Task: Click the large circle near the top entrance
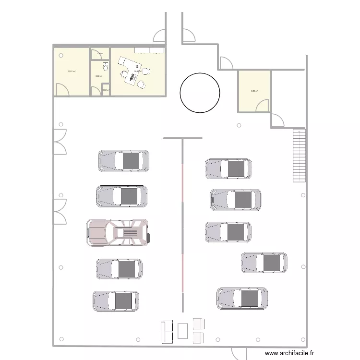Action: pyautogui.click(x=200, y=93)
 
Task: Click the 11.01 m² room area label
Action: pyautogui.click(x=72, y=72)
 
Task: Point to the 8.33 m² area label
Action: pyautogui.click(x=254, y=91)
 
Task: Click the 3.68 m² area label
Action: pyautogui.click(x=98, y=76)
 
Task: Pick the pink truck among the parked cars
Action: pyautogui.click(x=118, y=233)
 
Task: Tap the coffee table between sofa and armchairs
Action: pyautogui.click(x=182, y=331)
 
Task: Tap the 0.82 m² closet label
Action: pyautogui.click(x=106, y=89)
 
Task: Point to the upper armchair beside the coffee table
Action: pyautogui.click(x=198, y=324)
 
